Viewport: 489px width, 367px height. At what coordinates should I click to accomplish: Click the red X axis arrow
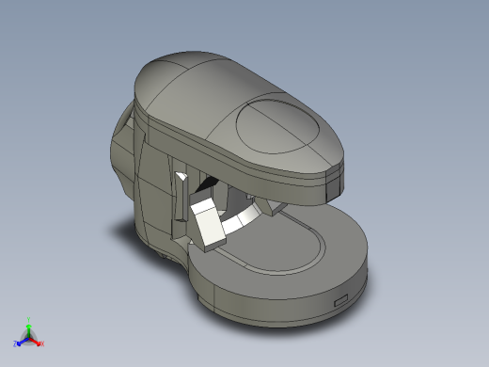pos(37,342)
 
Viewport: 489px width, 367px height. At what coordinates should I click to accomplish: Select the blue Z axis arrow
pos(21,341)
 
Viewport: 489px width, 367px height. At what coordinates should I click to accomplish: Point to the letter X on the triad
pos(42,344)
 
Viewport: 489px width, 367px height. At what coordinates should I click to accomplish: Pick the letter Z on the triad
pos(15,344)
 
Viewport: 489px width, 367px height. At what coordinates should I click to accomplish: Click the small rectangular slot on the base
pos(339,301)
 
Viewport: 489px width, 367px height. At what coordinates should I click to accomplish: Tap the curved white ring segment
pos(244,221)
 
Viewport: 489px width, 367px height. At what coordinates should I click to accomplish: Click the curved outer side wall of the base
pos(282,306)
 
